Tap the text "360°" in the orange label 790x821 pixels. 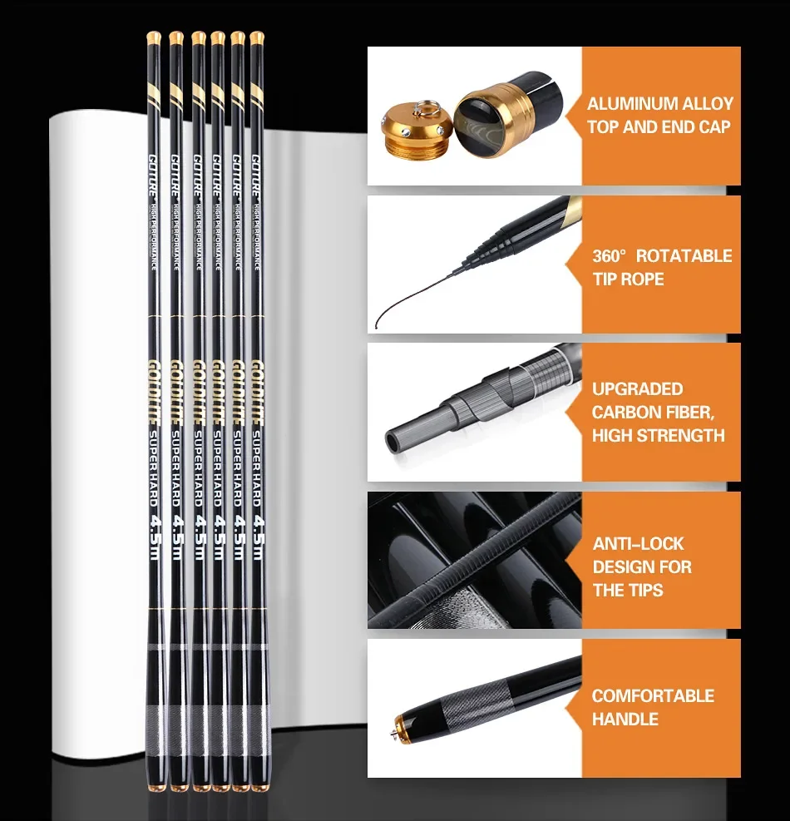(609, 255)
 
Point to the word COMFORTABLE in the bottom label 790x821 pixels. (653, 695)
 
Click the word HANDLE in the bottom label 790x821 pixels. (625, 719)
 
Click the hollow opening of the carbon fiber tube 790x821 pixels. (393, 438)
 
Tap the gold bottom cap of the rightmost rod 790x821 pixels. (256, 784)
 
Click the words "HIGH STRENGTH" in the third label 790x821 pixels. (658, 435)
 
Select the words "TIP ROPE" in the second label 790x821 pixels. (628, 279)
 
